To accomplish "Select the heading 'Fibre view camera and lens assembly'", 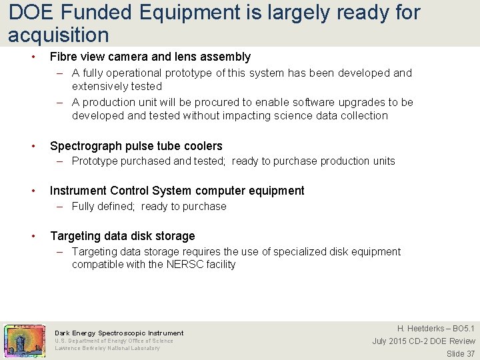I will point(150,57).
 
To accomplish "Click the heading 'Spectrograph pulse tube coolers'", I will point(136,146).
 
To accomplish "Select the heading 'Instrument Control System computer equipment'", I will point(177,191).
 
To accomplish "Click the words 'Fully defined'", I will point(103,206).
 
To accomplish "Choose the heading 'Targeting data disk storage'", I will point(122,236).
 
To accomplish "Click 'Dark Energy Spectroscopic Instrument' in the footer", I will point(119,333).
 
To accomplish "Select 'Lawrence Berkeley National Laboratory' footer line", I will point(107,348).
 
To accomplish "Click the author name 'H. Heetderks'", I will point(421,329).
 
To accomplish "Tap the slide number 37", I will point(469,353).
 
